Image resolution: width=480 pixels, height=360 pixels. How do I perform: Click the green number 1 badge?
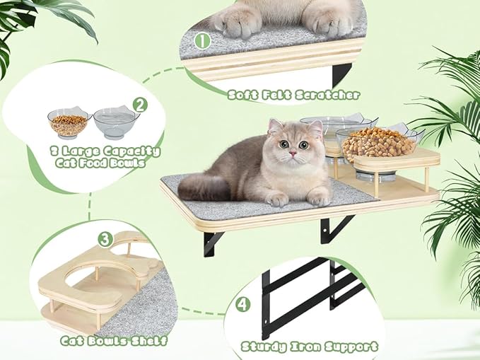pos(203,41)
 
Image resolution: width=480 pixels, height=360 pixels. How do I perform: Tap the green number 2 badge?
pos(140,105)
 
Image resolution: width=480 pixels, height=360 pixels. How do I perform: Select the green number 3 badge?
pos(105,238)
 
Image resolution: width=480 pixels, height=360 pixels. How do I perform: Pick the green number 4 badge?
pos(243,305)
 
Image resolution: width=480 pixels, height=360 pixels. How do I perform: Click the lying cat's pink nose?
pos(292,154)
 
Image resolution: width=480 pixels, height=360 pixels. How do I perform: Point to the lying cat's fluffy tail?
pos(201,187)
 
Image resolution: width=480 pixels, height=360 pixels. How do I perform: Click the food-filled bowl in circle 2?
pos(68,124)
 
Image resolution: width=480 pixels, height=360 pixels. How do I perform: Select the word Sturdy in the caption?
pos(265,347)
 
